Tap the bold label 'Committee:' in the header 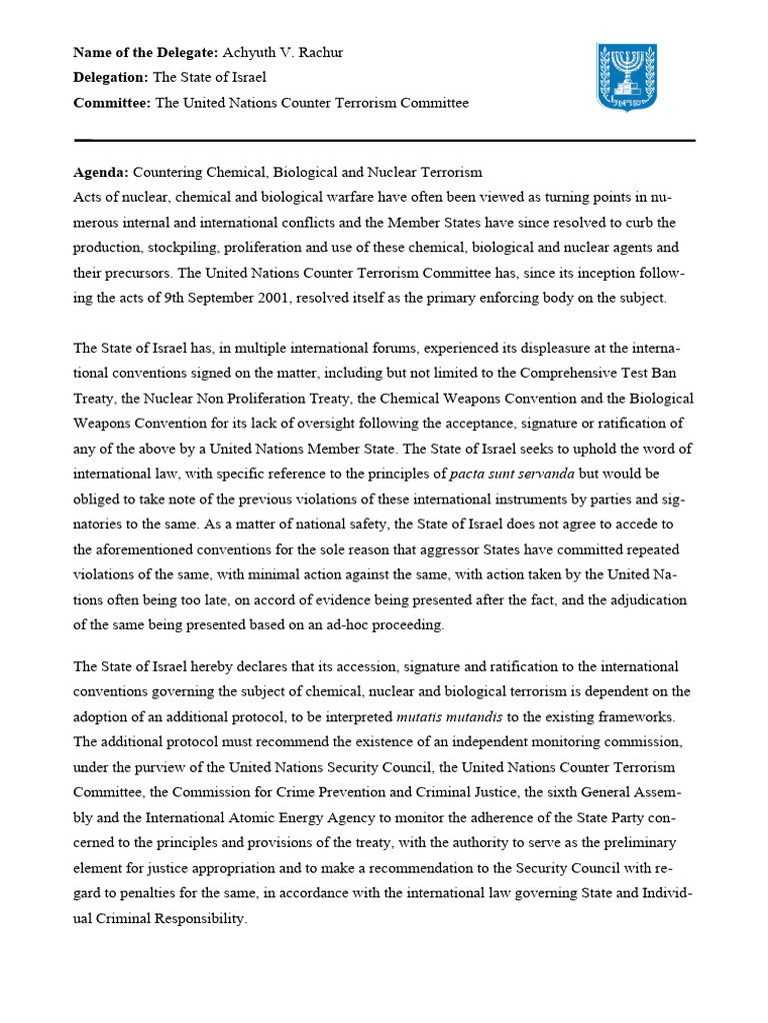click(x=112, y=103)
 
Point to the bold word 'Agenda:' click(x=101, y=172)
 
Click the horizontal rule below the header click(x=384, y=140)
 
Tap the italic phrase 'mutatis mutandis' click(x=450, y=716)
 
